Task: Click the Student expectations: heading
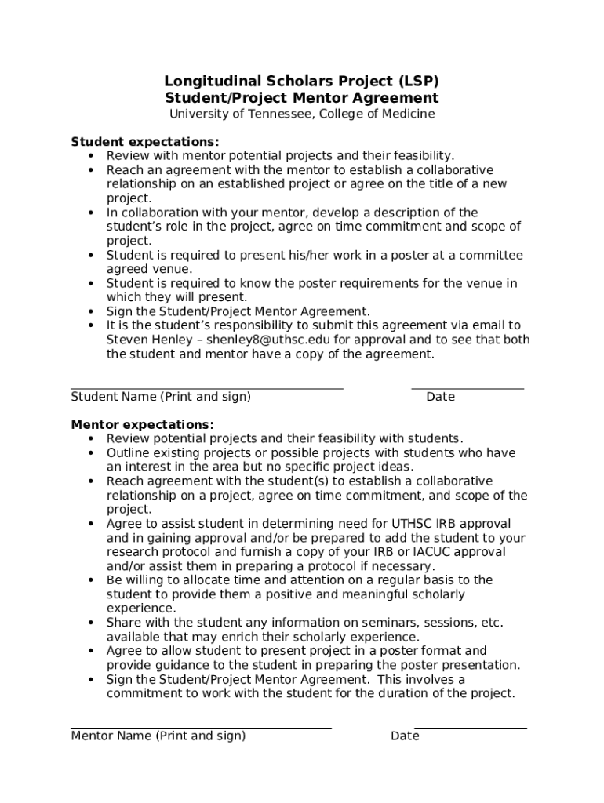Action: pyautogui.click(x=145, y=142)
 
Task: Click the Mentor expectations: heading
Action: pyautogui.click(x=142, y=425)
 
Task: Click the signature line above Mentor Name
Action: pyautogui.click(x=201, y=728)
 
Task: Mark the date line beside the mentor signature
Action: pyautogui.click(x=471, y=728)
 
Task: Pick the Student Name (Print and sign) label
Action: pyautogui.click(x=161, y=397)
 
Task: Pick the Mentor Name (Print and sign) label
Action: pyautogui.click(x=158, y=736)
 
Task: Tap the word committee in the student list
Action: pyautogui.click(x=493, y=256)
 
